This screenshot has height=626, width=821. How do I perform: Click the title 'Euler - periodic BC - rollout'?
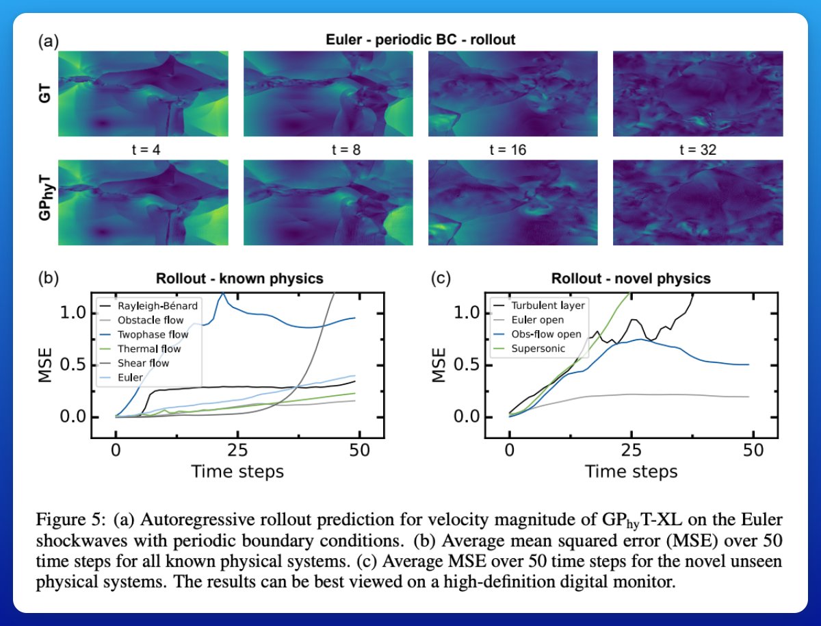pos(420,40)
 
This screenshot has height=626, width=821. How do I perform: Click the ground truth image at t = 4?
pos(142,95)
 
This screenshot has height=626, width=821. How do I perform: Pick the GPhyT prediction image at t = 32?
pos(698,203)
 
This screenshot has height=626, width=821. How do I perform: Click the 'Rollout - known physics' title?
pos(239,279)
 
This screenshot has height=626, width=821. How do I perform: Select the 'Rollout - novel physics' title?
pos(631,279)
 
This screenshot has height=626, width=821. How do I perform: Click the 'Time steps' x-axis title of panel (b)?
pos(237,471)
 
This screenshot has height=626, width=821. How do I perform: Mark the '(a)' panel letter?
pos(48,42)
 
